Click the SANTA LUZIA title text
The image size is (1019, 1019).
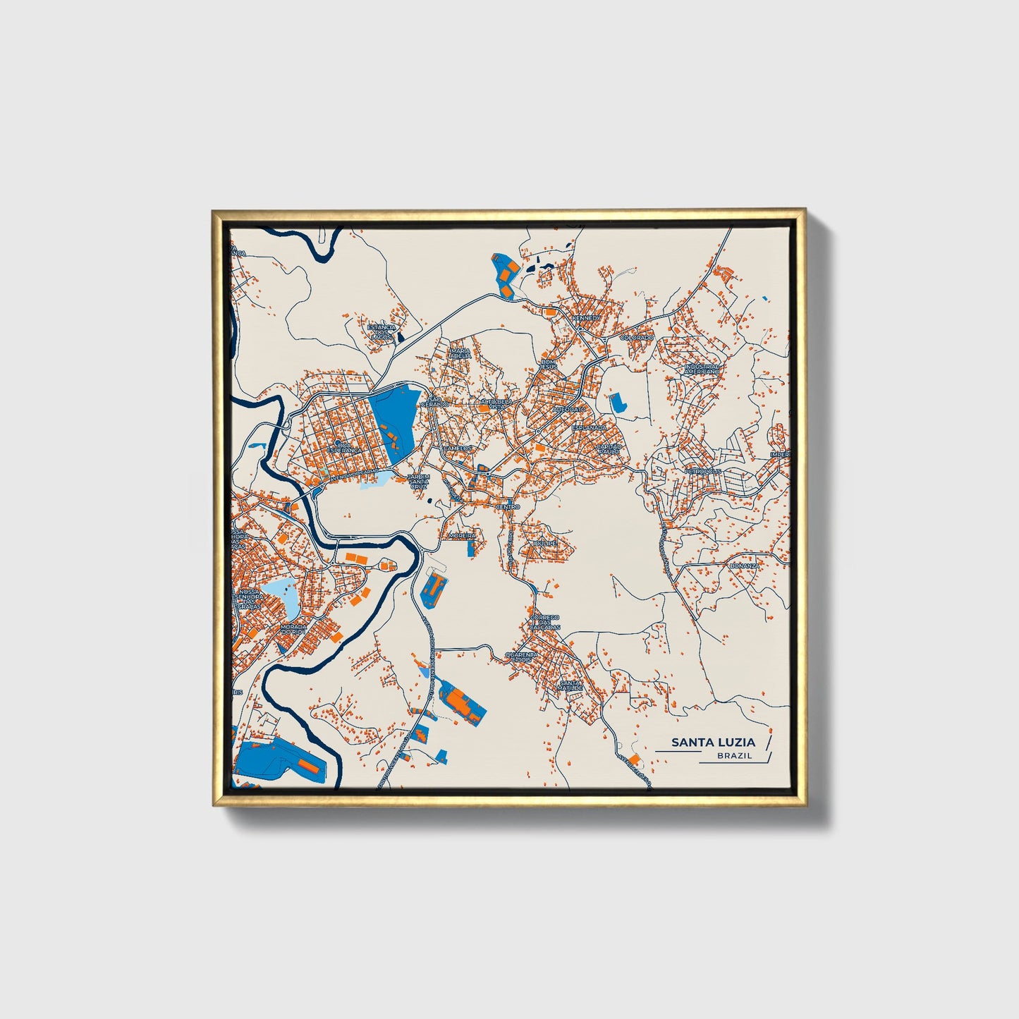(x=713, y=742)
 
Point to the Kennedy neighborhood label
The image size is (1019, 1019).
(x=587, y=318)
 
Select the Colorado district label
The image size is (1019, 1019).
(x=636, y=338)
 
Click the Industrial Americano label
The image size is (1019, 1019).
(x=702, y=369)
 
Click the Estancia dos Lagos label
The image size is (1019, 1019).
(x=382, y=332)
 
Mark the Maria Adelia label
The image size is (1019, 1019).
(x=460, y=353)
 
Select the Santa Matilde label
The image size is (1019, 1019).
(x=570, y=685)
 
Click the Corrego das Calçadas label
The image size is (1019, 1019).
(x=544, y=622)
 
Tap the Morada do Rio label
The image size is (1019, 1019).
(x=293, y=628)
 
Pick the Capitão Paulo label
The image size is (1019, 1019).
(x=609, y=449)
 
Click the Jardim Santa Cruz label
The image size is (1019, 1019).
(x=418, y=482)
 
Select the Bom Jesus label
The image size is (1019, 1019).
(x=548, y=365)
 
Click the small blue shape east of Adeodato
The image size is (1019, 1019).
(x=616, y=403)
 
